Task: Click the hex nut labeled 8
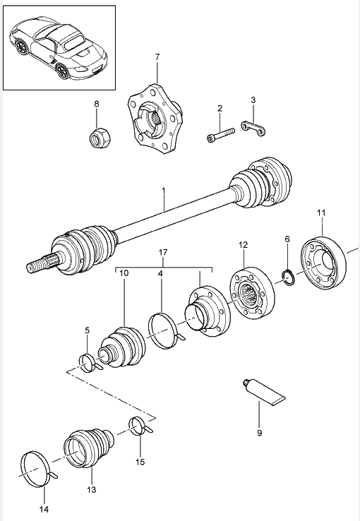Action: point(101,138)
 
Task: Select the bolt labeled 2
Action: point(220,135)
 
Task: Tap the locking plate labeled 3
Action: point(253,128)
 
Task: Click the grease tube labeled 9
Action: point(263,393)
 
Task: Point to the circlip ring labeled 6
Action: point(288,277)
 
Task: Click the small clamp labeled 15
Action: point(139,425)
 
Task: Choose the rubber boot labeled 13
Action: point(88,448)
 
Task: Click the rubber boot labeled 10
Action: point(121,347)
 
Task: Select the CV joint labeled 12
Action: point(253,293)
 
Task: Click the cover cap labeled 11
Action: point(323,263)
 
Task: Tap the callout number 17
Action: point(163,253)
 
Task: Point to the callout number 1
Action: point(163,190)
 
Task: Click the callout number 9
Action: point(259,433)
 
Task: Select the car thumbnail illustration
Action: point(59,49)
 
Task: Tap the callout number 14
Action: point(44,509)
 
